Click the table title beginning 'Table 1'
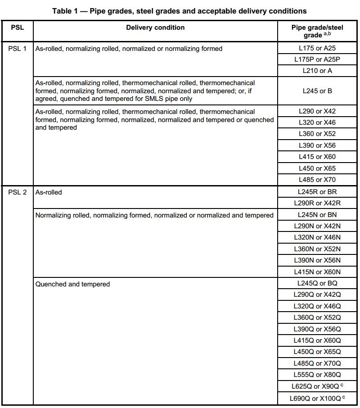point(180,11)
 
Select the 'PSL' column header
point(17,27)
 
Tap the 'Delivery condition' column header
point(155,27)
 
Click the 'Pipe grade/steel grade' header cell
point(317,31)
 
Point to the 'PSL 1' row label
point(18,49)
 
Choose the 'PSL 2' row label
point(18,192)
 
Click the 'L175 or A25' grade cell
point(317,48)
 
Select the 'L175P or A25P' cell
point(317,59)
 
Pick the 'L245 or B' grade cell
point(317,91)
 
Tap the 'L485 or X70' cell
point(317,180)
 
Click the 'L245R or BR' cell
point(317,192)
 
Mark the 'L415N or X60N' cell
point(317,272)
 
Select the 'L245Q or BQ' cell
point(317,283)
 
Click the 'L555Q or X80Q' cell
point(317,375)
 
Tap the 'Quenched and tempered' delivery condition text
point(72,284)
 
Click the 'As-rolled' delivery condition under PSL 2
point(49,192)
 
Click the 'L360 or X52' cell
point(317,134)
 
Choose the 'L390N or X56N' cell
point(317,260)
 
